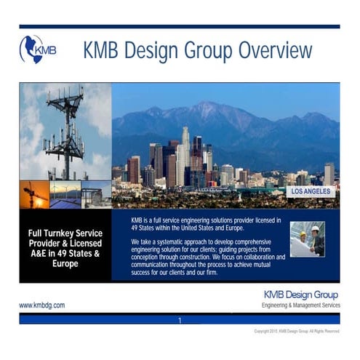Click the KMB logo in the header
pyautogui.click(x=37, y=50)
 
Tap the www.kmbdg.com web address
pyautogui.click(x=41, y=305)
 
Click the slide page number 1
pyautogui.click(x=180, y=320)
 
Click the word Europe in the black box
pyautogui.click(x=65, y=263)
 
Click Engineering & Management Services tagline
pyautogui.click(x=300, y=305)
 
